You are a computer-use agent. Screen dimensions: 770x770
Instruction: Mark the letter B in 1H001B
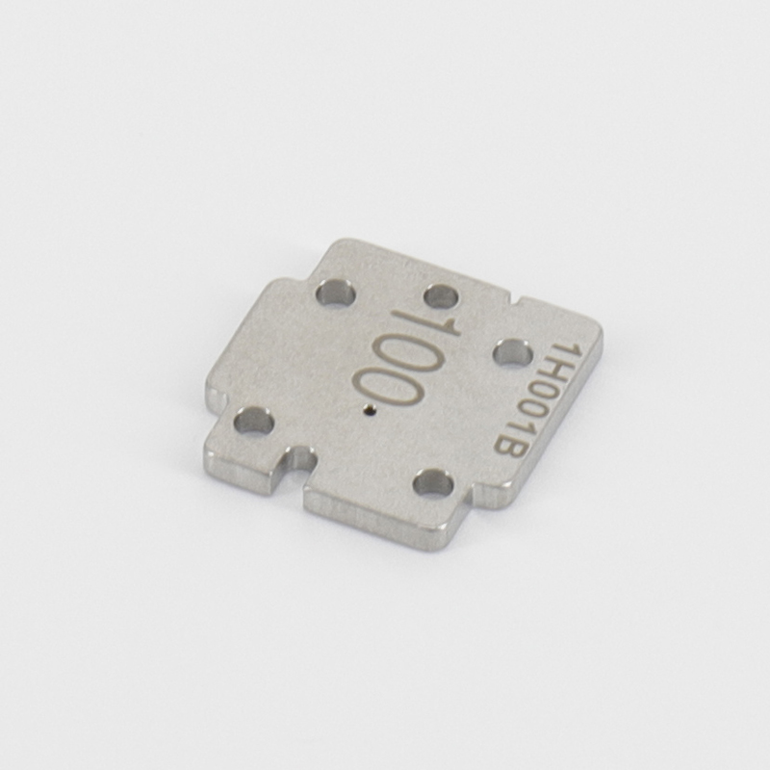click(x=507, y=450)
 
